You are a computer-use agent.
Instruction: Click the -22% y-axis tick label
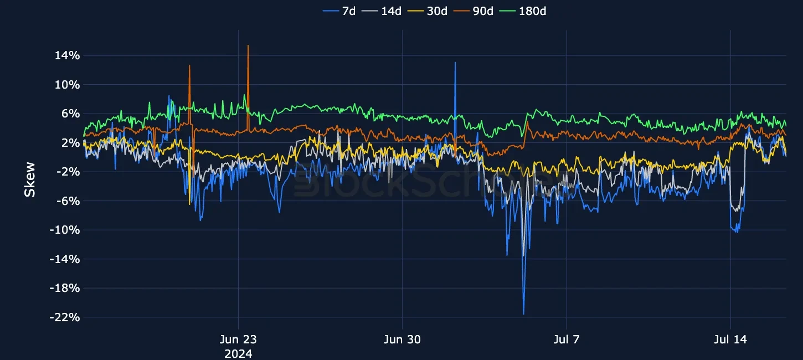65,317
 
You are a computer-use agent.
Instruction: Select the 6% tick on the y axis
70,114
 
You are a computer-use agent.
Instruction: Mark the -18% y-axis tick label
65,288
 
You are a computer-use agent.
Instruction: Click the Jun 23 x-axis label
238,340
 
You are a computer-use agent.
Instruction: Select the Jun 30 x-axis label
403,340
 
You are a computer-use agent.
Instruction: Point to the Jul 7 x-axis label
567,340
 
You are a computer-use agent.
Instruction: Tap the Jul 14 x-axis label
731,340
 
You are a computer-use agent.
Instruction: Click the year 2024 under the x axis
238,353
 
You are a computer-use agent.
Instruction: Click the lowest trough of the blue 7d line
523,314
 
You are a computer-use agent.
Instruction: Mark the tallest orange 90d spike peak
248,46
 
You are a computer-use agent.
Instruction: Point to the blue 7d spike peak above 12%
455,63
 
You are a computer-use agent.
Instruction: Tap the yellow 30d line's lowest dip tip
189,204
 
